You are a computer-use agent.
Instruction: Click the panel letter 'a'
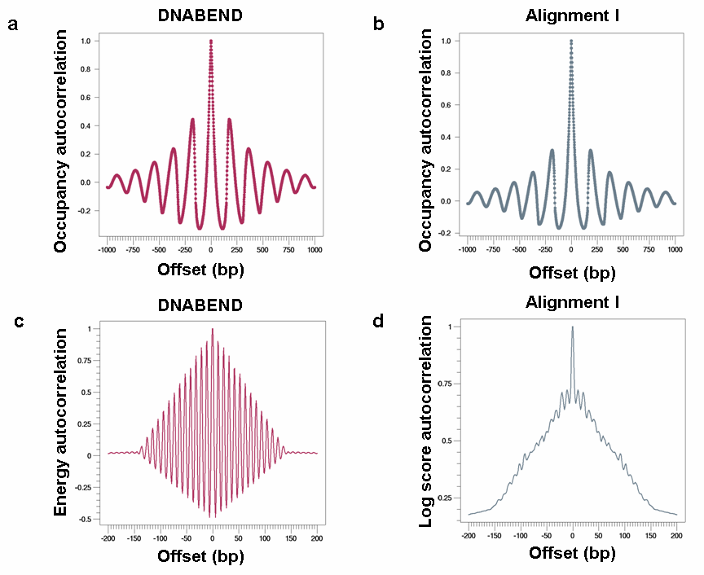coord(13,25)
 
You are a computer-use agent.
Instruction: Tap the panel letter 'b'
coord(379,25)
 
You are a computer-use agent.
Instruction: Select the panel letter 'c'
coord(20,321)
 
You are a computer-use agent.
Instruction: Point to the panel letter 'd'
coord(378,321)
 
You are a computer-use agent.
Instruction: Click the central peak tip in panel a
coord(211,41)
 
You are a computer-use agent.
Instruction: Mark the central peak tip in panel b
coord(571,41)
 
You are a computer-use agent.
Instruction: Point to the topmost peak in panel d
coord(572,327)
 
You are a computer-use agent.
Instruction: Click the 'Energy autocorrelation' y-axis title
coord(60,424)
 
